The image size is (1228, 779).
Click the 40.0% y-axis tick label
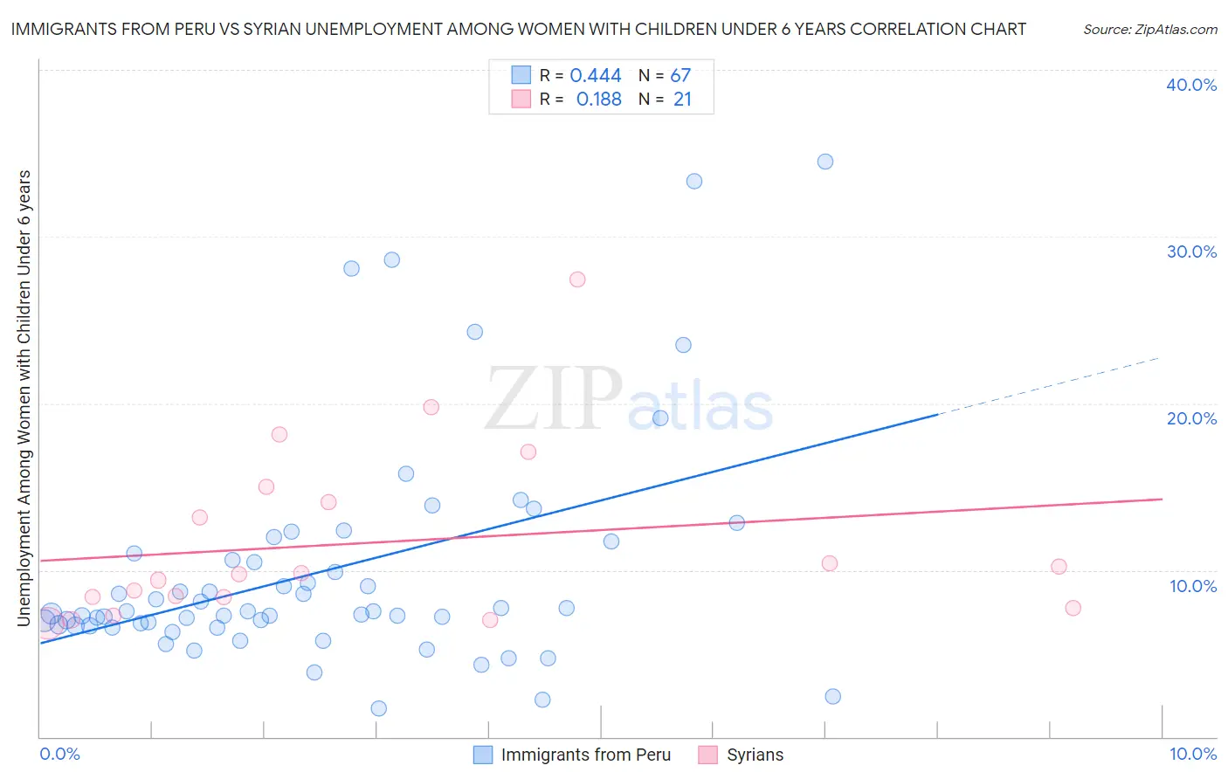pyautogui.click(x=1191, y=85)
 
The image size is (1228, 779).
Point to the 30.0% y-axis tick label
pyautogui.click(x=1191, y=252)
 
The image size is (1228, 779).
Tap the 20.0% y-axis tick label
pyautogui.click(x=1191, y=418)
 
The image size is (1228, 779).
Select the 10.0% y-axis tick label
pyautogui.click(x=1193, y=586)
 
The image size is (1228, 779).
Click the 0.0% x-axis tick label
pyautogui.click(x=59, y=754)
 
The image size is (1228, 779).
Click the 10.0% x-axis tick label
pyautogui.click(x=1192, y=754)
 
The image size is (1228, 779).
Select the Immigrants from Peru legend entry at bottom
pyautogui.click(x=585, y=755)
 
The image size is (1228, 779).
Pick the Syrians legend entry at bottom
pyautogui.click(x=755, y=755)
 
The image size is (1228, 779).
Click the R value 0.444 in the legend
pyautogui.click(x=596, y=76)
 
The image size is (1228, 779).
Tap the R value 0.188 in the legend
pyautogui.click(x=598, y=100)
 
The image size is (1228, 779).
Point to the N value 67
pyautogui.click(x=680, y=76)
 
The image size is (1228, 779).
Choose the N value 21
pyautogui.click(x=682, y=100)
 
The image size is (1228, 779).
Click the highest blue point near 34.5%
pyautogui.click(x=825, y=162)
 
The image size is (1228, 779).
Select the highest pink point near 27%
pyautogui.click(x=577, y=279)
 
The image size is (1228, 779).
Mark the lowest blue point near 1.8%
pyautogui.click(x=379, y=708)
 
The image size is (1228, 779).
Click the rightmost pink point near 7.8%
pyautogui.click(x=1073, y=608)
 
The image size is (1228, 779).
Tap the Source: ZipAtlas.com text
pyautogui.click(x=1150, y=30)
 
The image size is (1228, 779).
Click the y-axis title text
pyautogui.click(x=24, y=398)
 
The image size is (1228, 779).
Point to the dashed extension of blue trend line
pyautogui.click(x=1048, y=386)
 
